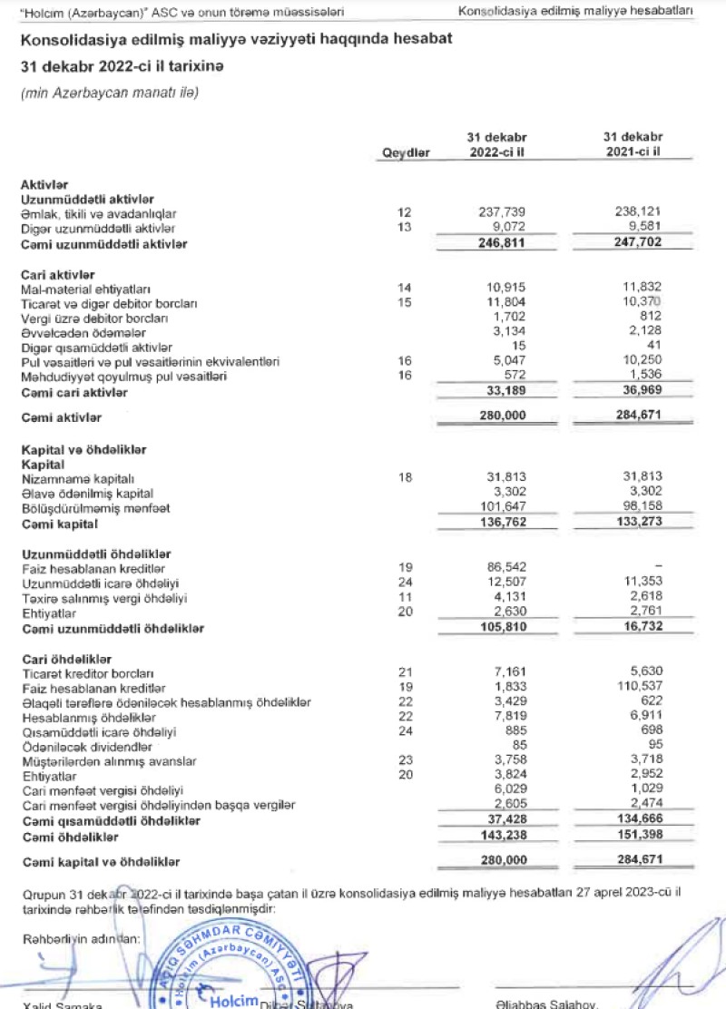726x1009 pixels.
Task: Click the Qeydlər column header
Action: (407, 153)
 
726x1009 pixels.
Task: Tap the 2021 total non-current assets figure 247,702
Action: (632, 244)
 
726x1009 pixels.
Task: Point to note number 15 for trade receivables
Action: (406, 302)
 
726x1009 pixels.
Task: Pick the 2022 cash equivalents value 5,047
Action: (502, 361)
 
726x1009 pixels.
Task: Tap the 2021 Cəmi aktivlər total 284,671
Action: (632, 417)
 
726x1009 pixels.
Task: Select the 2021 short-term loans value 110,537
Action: (632, 687)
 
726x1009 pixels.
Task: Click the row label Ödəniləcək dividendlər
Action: (86, 747)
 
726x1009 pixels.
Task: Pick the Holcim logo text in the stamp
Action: (233, 1000)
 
